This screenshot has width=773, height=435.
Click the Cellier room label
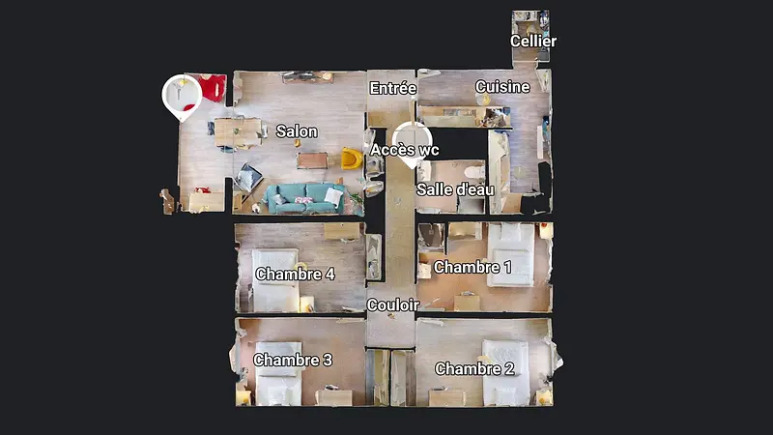tap(533, 42)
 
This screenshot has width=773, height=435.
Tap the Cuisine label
tap(502, 87)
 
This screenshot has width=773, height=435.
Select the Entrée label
tap(392, 89)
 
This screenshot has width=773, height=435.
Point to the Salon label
tap(297, 131)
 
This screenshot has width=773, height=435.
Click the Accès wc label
tap(405, 150)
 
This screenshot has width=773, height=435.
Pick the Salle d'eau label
tap(455, 189)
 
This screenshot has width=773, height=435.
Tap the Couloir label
tap(392, 304)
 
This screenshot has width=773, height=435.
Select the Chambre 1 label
tap(472, 267)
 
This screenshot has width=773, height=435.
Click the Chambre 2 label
tap(473, 368)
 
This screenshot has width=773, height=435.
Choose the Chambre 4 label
tap(295, 275)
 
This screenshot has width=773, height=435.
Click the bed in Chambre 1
tap(510, 253)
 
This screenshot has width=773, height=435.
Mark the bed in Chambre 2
tap(504, 371)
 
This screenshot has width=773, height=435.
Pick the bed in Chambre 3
tap(279, 372)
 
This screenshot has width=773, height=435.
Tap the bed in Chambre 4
tap(275, 280)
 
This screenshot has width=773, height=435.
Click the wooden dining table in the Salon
tap(238, 130)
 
